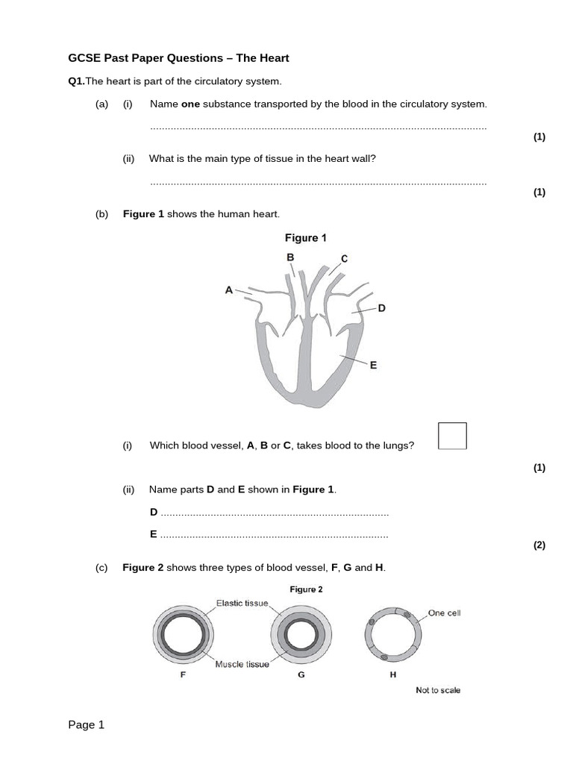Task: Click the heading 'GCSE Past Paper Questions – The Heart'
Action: click(x=178, y=57)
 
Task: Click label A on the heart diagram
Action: click(x=229, y=289)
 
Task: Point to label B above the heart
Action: click(x=291, y=257)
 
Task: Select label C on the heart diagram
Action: click(x=344, y=259)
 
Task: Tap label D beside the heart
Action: click(x=381, y=307)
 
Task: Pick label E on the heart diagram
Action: click(x=373, y=365)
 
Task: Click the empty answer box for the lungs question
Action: click(x=452, y=436)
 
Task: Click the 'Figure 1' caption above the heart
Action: click(x=306, y=238)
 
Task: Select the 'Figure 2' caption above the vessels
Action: click(x=306, y=589)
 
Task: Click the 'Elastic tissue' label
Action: click(x=242, y=603)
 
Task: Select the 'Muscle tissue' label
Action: click(x=242, y=664)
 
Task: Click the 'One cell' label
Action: click(x=445, y=613)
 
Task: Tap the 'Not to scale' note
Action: click(x=438, y=690)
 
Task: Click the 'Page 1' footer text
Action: click(x=87, y=724)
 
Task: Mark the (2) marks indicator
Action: click(x=539, y=545)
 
